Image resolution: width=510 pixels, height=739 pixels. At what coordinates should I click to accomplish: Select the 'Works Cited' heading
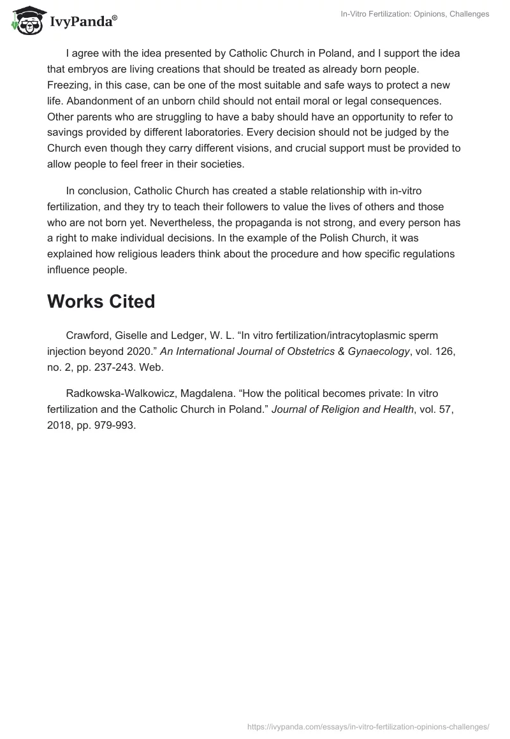[101, 301]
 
